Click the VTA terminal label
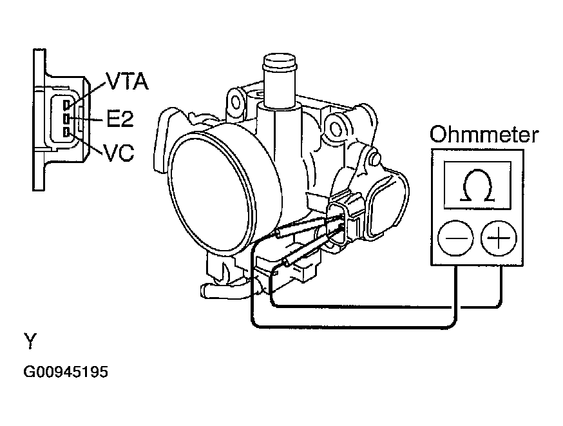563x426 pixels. (128, 81)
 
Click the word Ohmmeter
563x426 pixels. (484, 135)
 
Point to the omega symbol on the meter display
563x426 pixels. (477, 186)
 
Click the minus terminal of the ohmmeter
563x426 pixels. (455, 238)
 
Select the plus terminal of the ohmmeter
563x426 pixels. (499, 238)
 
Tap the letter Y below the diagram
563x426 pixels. (30, 341)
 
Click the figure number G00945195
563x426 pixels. (66, 372)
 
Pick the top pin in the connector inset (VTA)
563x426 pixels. (66, 104)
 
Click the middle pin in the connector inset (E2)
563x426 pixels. (66, 119)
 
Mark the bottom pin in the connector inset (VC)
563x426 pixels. (66, 132)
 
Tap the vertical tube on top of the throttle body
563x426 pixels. (279, 83)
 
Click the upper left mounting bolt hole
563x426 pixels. (236, 102)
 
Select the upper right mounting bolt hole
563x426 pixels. (336, 128)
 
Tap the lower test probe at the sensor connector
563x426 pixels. (312, 249)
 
